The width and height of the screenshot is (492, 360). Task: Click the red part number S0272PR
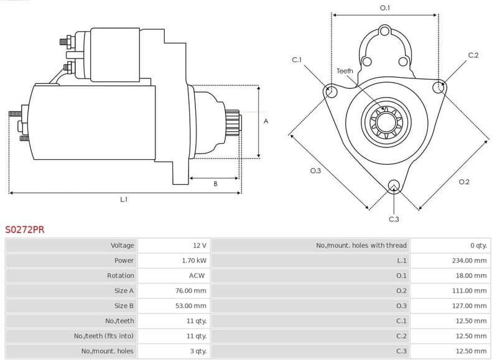(x=25, y=229)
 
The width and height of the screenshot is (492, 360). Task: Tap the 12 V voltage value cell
(x=199, y=246)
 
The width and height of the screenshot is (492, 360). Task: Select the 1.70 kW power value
(x=194, y=261)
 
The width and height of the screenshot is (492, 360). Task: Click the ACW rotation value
(x=197, y=275)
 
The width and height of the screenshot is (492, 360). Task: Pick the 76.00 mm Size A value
(x=191, y=290)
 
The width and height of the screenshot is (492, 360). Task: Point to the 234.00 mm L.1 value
(x=469, y=261)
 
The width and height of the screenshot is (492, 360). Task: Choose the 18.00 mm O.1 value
(x=471, y=275)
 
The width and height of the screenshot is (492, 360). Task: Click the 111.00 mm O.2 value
(x=469, y=290)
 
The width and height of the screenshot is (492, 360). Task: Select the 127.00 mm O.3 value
(x=469, y=306)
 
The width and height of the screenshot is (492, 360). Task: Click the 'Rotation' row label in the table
(x=120, y=275)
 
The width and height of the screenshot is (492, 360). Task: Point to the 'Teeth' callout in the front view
(x=345, y=71)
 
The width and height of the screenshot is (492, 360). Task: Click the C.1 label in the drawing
(x=297, y=60)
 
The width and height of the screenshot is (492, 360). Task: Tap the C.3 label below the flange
(x=393, y=219)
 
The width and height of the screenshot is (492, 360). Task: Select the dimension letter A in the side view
(x=266, y=121)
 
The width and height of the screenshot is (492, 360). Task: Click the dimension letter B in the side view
(x=215, y=184)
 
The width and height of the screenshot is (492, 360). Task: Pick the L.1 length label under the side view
(x=123, y=200)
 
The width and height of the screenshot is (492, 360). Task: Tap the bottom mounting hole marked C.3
(x=393, y=185)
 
